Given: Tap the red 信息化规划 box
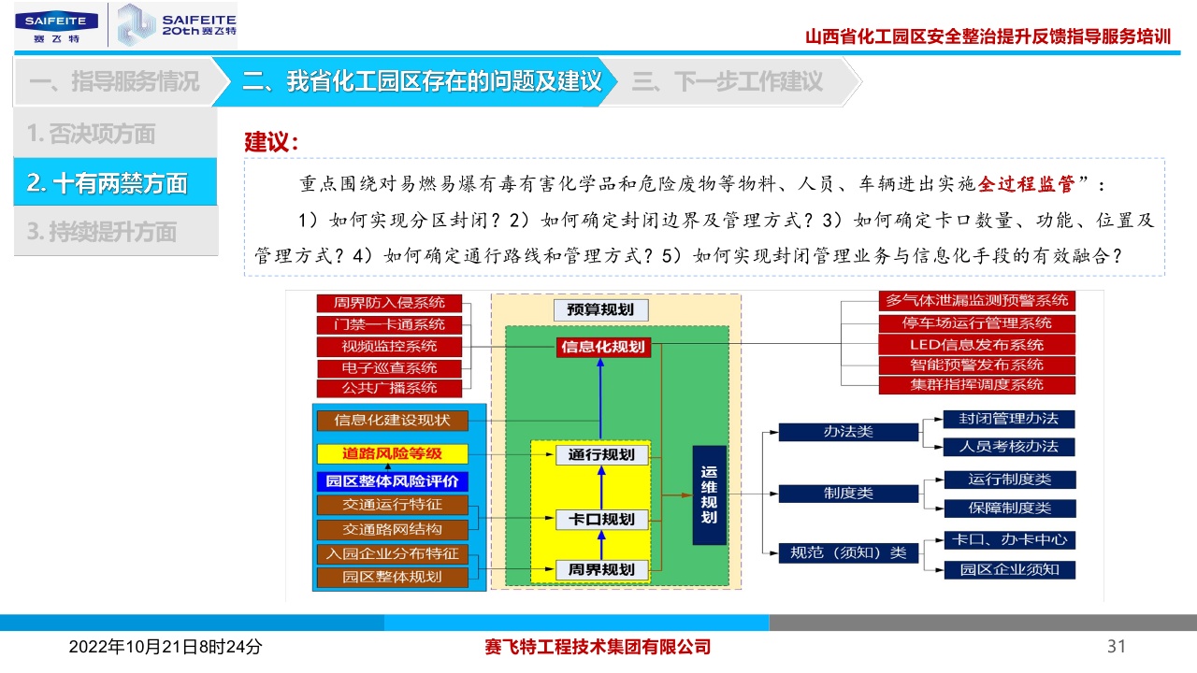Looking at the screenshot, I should click(602, 347).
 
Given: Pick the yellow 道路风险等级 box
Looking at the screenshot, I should click(392, 454).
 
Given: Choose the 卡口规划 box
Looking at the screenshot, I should click(601, 519).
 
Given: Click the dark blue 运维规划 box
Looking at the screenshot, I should click(709, 495).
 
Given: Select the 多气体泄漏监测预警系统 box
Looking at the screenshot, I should click(976, 301).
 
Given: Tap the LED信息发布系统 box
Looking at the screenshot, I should click(976, 344).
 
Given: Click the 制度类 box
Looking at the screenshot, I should click(848, 493).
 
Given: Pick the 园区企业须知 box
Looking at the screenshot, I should click(1008, 569).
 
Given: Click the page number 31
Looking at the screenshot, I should click(1116, 647).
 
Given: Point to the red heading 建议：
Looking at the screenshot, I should click(271, 143).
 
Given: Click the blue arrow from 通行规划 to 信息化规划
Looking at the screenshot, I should click(601, 400).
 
